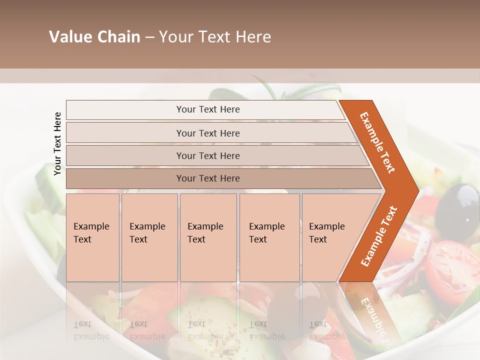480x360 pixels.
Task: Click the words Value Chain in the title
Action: (x=94, y=37)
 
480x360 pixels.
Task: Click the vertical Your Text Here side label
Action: (x=57, y=143)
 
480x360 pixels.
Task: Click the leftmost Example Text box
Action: (x=92, y=237)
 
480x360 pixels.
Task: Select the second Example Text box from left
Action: (x=149, y=237)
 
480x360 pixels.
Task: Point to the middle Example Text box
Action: (x=208, y=237)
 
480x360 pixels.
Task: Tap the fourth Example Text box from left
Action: (x=269, y=237)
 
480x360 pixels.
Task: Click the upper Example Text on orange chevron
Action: (x=377, y=142)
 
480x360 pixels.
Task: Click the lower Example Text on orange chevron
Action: (x=379, y=236)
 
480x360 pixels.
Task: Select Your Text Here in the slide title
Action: (x=215, y=37)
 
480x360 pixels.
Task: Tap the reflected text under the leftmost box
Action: (x=91, y=330)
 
